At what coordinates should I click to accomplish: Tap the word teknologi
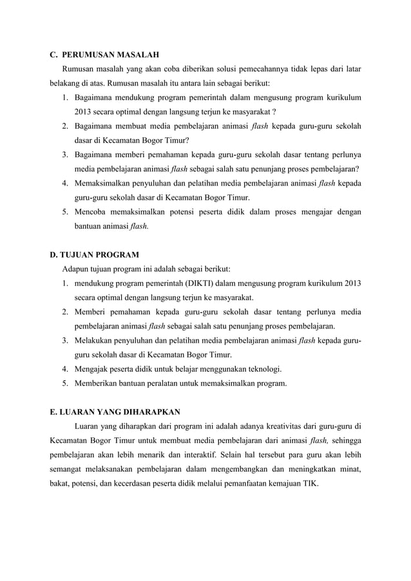(x=262, y=369)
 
